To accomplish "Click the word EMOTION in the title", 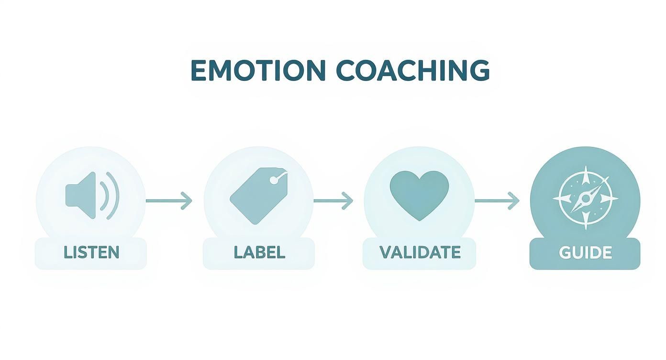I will point(258,71).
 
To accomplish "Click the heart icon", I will point(419,194).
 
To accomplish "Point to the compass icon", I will point(585,197).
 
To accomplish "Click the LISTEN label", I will point(91,253).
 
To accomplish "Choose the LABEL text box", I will point(259,253).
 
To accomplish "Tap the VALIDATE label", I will point(420,252).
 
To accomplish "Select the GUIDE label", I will point(585,253).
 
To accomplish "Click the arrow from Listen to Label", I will point(168,201).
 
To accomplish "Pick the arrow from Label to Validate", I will point(333,201).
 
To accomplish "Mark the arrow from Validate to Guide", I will point(497,201).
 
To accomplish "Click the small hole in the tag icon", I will point(273,180).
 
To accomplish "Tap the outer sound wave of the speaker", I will point(114,195).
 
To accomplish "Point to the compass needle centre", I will point(585,197).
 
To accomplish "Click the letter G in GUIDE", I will point(565,253).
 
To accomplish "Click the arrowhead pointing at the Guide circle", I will point(514,201).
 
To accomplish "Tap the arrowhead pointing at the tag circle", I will point(187,201).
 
